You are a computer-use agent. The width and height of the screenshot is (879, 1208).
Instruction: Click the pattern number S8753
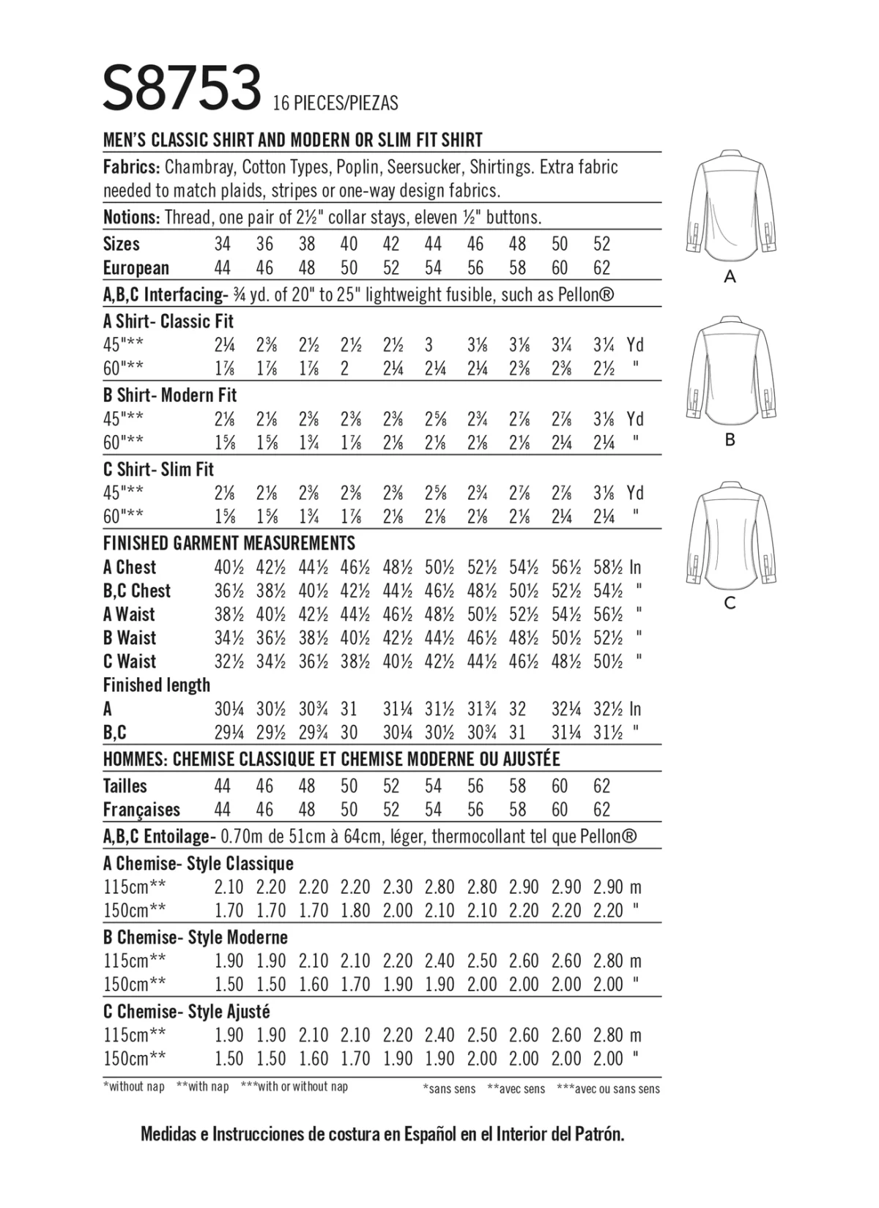[x=182, y=88]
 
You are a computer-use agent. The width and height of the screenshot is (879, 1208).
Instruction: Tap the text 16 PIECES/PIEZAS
[x=335, y=103]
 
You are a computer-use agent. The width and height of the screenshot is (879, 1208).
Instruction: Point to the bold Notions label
[x=131, y=217]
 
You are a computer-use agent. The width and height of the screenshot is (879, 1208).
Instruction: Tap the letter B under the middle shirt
[x=730, y=440]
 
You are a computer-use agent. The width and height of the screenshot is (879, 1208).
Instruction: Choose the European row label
[x=136, y=268]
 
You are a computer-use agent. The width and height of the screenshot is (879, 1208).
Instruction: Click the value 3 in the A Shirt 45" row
[x=429, y=345]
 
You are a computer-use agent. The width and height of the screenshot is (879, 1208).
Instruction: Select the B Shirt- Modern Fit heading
[x=170, y=395]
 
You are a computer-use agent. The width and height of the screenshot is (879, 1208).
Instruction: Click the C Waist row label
[x=130, y=662]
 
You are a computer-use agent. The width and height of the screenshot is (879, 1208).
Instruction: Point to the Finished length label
[x=157, y=685]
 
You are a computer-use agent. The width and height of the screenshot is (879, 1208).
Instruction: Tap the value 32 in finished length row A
[x=517, y=709]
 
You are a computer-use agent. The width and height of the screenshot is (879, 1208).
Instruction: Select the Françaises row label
[x=141, y=810]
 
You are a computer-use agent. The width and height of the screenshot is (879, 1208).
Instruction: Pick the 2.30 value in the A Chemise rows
[x=398, y=887]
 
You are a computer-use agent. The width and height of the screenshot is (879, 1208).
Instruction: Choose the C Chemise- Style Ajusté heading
[x=187, y=1012]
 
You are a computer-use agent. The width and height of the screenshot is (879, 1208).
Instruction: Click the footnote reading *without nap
[x=134, y=1087]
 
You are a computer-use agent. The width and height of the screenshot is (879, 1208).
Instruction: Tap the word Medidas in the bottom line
[x=171, y=1135]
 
